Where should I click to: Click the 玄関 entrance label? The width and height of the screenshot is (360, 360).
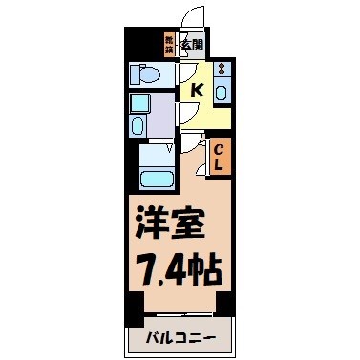(x=193, y=43)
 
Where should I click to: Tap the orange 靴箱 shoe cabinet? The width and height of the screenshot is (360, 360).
(x=170, y=43)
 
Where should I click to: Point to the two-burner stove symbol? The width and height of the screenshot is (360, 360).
(x=222, y=70)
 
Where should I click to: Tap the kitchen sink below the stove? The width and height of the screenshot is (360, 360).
(x=222, y=92)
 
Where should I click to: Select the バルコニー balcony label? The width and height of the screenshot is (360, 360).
(x=180, y=339)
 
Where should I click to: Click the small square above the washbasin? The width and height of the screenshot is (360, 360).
(x=138, y=102)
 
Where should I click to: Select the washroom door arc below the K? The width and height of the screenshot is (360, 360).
(x=189, y=115)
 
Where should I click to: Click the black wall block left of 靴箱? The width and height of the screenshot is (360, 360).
(x=143, y=43)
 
